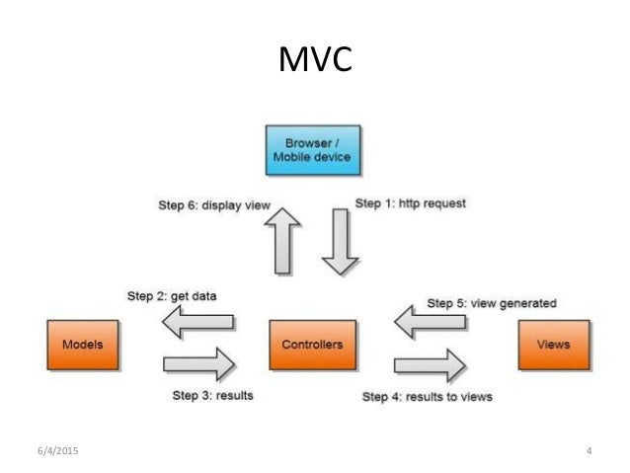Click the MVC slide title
click(x=315, y=62)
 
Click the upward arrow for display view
click(x=285, y=242)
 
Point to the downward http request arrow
click(x=342, y=242)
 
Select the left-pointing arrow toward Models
click(x=198, y=321)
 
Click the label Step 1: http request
click(x=409, y=203)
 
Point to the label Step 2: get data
click(x=172, y=294)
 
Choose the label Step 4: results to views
click(x=427, y=396)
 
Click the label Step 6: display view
click(x=214, y=205)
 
